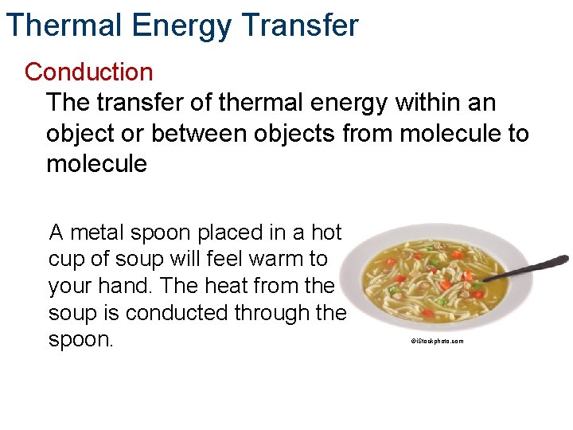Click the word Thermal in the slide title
click(63, 25)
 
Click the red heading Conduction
click(88, 72)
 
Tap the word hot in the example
click(325, 233)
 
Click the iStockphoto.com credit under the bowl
click(437, 341)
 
